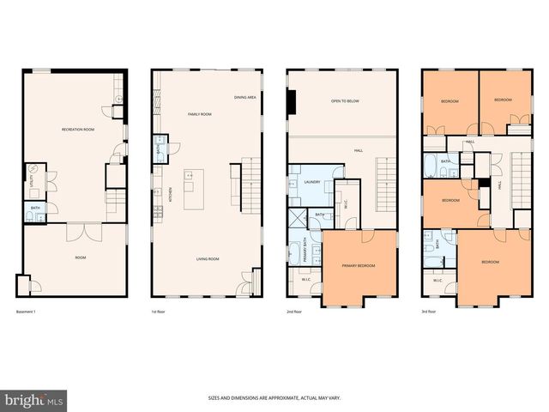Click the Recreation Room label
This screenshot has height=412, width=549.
77,130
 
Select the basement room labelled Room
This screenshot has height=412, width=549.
80,257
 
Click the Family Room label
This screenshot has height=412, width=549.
199,113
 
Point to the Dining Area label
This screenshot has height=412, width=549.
244,97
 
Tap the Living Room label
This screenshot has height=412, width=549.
208,258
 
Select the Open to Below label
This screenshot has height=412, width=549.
343,101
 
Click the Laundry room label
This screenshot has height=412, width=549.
312,182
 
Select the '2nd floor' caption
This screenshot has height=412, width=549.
293,311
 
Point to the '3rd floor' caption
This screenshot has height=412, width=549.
429,311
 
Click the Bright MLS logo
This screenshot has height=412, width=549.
33,400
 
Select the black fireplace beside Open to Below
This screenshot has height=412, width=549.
292,103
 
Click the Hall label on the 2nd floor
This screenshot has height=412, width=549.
358,151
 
